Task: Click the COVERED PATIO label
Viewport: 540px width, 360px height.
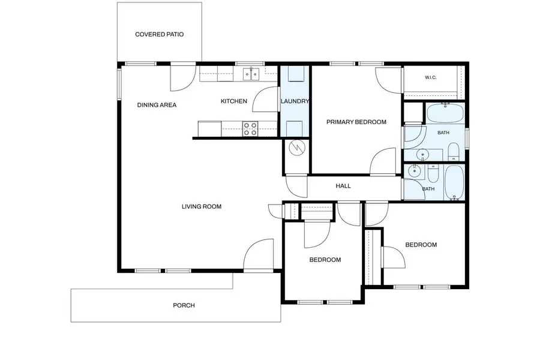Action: (x=159, y=34)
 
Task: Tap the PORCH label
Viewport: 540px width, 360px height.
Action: (x=184, y=305)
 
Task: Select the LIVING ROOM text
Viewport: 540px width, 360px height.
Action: (x=202, y=206)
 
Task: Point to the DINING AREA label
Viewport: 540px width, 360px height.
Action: (x=157, y=105)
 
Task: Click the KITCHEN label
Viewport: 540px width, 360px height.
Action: (x=234, y=101)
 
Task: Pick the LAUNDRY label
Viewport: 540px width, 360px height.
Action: (x=295, y=101)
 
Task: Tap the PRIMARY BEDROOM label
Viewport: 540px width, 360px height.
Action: (x=356, y=122)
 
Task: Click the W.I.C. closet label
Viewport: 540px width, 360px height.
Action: (x=431, y=77)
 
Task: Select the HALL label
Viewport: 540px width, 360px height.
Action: (x=343, y=186)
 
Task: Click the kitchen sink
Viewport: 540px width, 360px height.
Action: (x=251, y=74)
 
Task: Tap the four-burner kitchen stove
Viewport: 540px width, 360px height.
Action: (x=250, y=129)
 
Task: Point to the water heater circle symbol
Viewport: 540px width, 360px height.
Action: (x=297, y=148)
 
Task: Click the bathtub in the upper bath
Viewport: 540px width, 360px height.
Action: (x=445, y=113)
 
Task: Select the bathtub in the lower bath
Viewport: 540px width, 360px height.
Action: (x=455, y=182)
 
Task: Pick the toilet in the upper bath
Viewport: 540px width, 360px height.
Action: (x=454, y=152)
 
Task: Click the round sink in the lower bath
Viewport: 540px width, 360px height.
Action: (x=413, y=170)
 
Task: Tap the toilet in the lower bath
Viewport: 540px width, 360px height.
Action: (x=433, y=174)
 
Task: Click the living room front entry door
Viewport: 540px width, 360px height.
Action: (x=258, y=254)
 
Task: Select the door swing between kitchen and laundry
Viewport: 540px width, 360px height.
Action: (x=266, y=99)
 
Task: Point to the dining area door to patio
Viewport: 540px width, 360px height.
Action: (x=183, y=78)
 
